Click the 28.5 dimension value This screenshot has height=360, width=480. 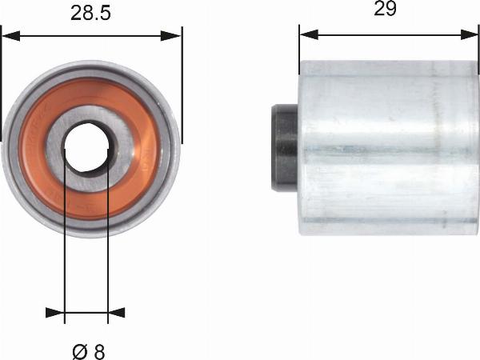click(90, 14)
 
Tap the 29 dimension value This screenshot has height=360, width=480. click(385, 8)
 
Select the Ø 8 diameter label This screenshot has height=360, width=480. click(89, 352)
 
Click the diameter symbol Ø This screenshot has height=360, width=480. click(80, 352)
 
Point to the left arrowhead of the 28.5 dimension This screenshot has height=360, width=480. click(11, 36)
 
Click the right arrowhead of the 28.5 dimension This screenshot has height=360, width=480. click(171, 36)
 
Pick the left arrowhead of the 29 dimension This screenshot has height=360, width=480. click(309, 34)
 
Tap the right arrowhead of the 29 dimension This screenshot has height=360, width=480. click(470, 34)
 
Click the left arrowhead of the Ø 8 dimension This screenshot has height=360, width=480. click(54, 313)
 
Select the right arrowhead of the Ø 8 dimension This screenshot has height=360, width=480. click(117, 313)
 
